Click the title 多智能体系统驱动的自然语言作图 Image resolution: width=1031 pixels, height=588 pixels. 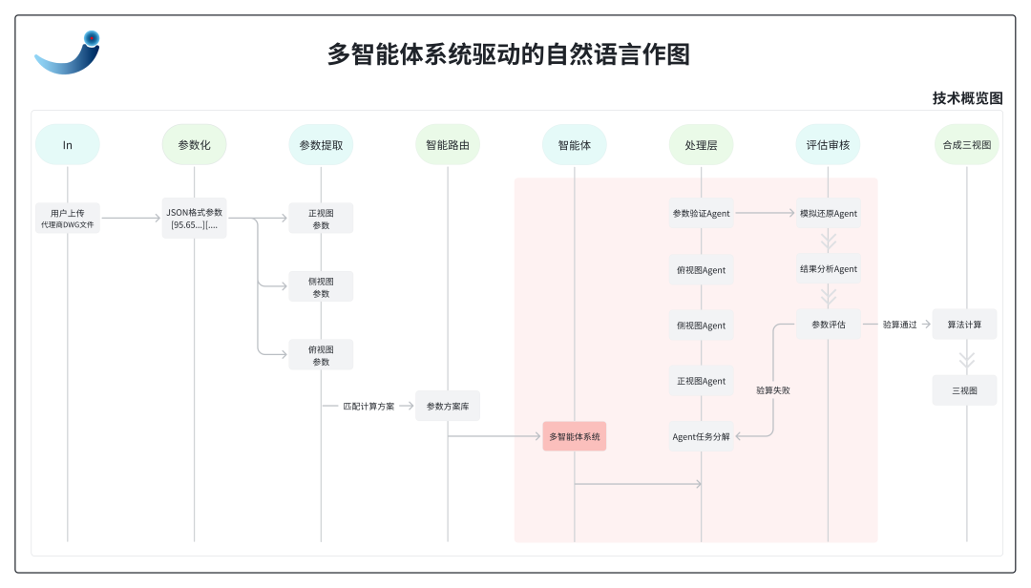(508, 54)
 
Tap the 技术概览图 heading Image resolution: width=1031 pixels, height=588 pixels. (967, 98)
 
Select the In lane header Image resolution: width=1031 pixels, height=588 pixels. (68, 145)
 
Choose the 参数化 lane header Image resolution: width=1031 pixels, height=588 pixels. (194, 145)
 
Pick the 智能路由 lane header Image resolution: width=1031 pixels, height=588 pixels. (448, 145)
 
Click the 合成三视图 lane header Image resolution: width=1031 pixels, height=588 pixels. (966, 145)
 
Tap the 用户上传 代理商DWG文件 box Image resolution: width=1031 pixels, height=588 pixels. (68, 219)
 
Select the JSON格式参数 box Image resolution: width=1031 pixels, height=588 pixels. (195, 219)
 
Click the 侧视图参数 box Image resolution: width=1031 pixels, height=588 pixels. (321, 287)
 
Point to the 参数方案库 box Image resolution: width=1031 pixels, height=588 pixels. (448, 407)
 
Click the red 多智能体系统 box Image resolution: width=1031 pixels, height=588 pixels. (575, 436)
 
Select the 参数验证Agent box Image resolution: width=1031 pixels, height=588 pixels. (702, 214)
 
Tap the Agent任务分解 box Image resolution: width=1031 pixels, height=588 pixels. (702, 436)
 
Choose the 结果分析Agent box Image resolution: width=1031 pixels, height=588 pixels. (829, 269)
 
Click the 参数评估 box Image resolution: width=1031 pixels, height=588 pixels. (829, 325)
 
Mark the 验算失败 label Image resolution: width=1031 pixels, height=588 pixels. (772, 389)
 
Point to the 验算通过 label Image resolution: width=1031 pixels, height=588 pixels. (899, 325)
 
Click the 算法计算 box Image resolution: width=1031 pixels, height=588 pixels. (965, 325)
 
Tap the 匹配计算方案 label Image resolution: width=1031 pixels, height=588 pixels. (368, 407)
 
